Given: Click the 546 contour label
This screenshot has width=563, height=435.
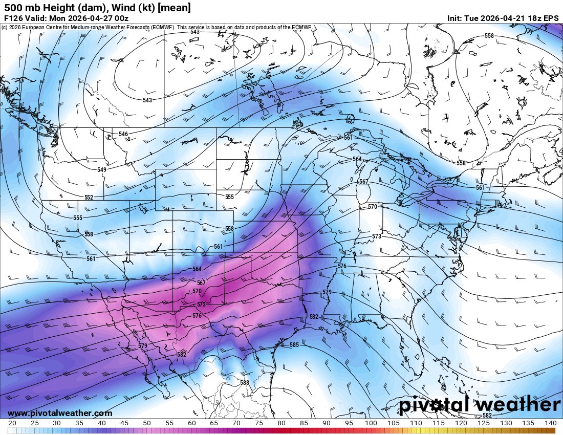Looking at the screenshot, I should pyautogui.click(x=123, y=134).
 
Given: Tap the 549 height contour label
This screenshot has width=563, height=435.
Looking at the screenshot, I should pyautogui.click(x=102, y=169).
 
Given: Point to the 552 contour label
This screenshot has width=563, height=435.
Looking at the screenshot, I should pyautogui.click(x=89, y=197).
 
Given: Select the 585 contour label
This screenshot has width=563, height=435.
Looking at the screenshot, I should pyautogui.click(x=294, y=345).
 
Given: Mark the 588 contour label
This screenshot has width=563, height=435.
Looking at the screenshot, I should pyautogui.click(x=244, y=382).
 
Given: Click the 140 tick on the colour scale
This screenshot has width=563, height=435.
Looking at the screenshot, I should pyautogui.click(x=550, y=423).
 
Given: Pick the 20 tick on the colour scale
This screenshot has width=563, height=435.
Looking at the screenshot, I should pyautogui.click(x=12, y=423).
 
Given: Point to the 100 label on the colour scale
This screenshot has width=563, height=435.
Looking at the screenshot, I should pyautogui.click(x=371, y=423).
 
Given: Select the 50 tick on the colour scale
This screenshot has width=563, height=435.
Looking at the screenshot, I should pyautogui.click(x=146, y=423).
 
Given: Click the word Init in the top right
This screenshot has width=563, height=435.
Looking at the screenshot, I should pyautogui.click(x=456, y=18).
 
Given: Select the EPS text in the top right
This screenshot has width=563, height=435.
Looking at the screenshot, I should pyautogui.click(x=551, y=18).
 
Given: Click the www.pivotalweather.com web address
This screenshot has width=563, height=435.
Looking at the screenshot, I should pyautogui.click(x=60, y=413).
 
